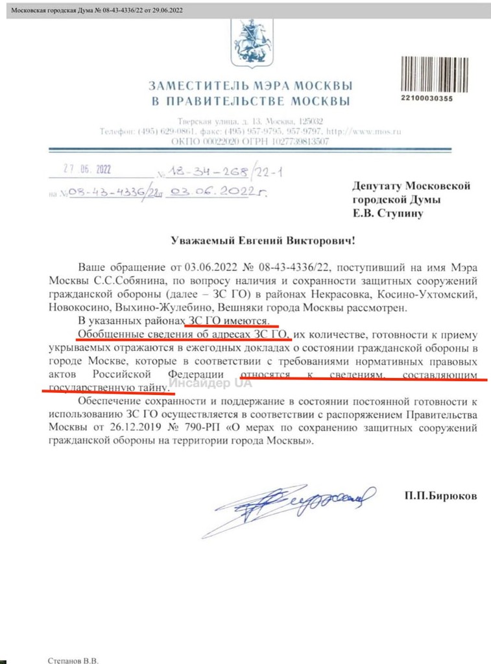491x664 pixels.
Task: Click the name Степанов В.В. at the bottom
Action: click(73, 660)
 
